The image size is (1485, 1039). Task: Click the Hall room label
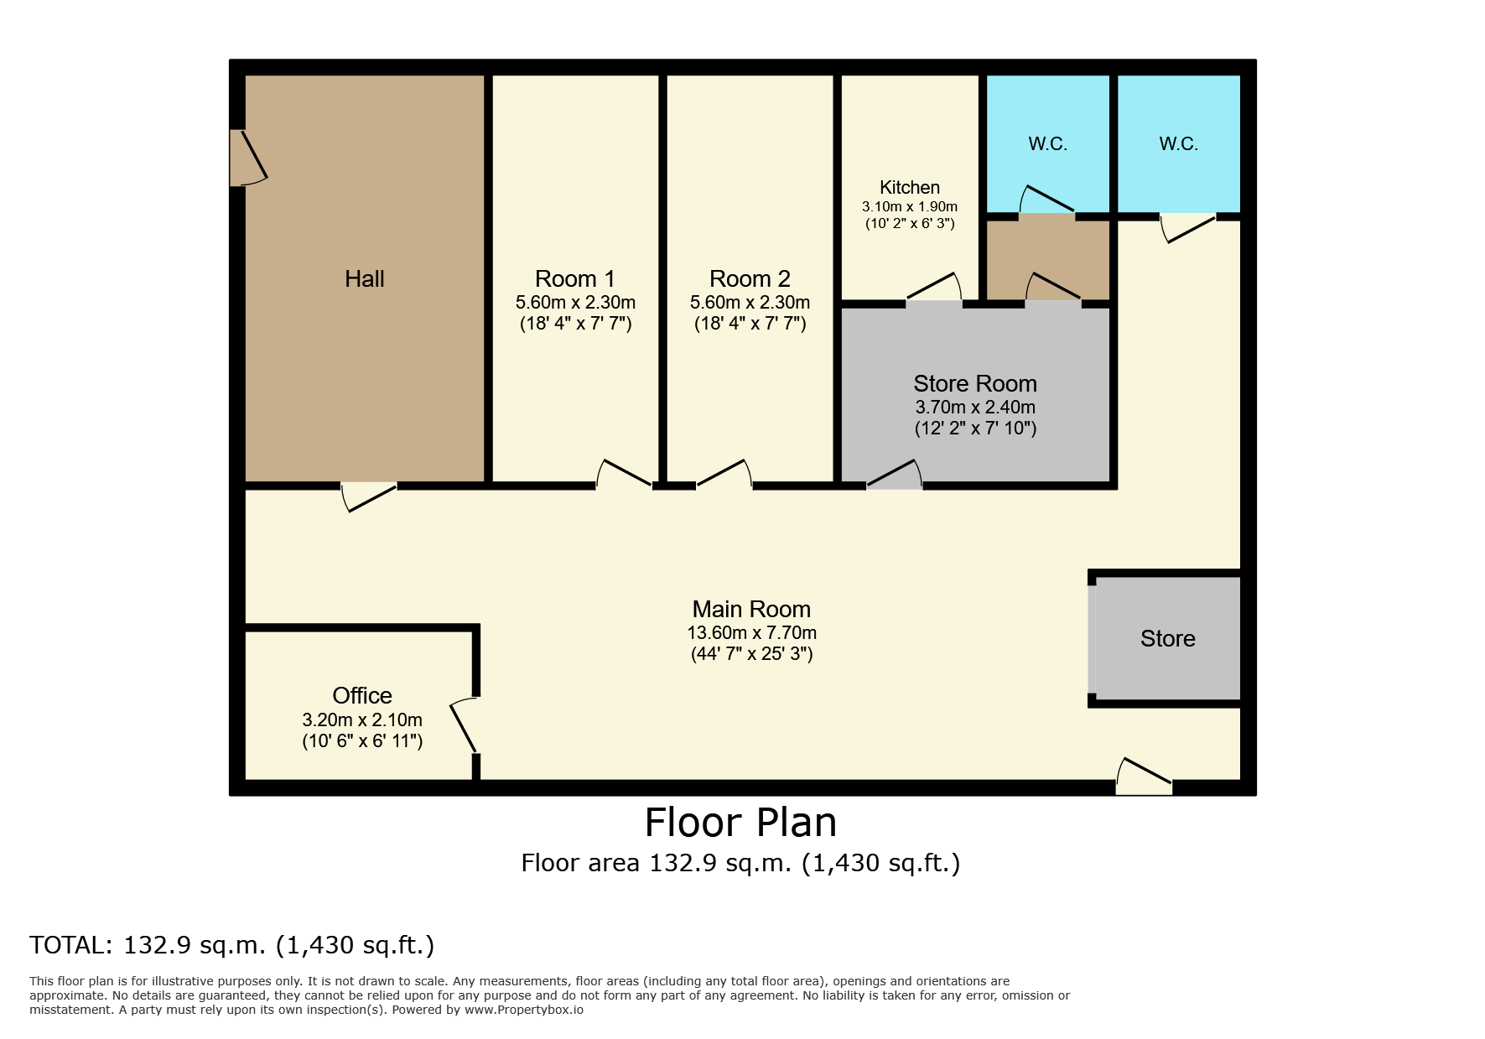click(x=365, y=279)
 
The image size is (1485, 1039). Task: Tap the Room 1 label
click(x=575, y=279)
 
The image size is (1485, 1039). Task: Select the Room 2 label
click(x=750, y=279)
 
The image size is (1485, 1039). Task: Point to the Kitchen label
click(x=910, y=188)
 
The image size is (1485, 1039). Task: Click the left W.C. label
click(x=1048, y=144)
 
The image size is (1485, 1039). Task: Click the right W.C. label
click(x=1179, y=144)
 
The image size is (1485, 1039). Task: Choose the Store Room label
click(x=975, y=384)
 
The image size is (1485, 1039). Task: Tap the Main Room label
click(x=751, y=610)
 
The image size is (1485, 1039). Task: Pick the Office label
click(x=362, y=696)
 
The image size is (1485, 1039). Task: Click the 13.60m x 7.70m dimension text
click(x=752, y=633)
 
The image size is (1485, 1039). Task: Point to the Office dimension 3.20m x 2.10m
click(x=362, y=720)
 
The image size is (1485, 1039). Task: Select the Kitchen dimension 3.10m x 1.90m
click(x=910, y=207)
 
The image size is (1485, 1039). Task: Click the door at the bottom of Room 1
click(x=624, y=475)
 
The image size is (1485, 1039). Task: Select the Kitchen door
click(x=934, y=288)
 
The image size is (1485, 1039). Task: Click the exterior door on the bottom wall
click(x=1144, y=777)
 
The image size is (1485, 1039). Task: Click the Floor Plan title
click(x=741, y=823)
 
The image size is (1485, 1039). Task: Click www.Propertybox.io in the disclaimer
click(x=524, y=1010)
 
